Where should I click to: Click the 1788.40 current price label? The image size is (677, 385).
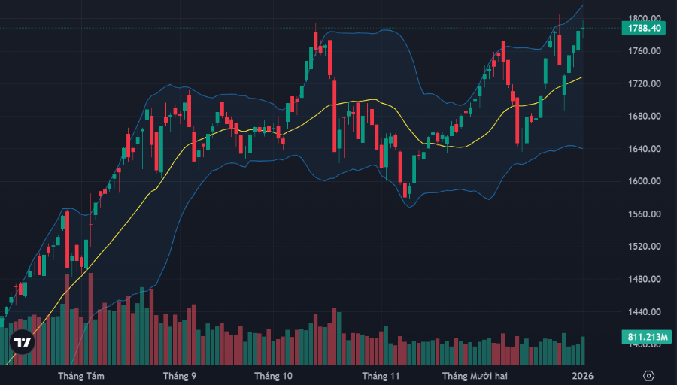tap(645, 28)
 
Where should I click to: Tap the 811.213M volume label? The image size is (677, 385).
tap(645, 337)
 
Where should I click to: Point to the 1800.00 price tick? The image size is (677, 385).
tap(645, 18)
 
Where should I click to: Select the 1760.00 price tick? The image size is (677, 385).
tap(645, 51)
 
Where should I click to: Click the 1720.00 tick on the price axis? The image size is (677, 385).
tap(645, 83)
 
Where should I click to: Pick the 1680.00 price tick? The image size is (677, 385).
tap(645, 117)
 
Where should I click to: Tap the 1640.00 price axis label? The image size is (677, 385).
tap(645, 149)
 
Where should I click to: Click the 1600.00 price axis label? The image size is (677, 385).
tap(645, 181)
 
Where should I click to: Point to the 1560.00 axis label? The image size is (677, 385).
tap(645, 214)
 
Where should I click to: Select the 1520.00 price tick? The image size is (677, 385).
tap(645, 247)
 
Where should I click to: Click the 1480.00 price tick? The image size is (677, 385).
tap(645, 280)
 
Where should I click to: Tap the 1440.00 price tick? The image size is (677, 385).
tap(645, 312)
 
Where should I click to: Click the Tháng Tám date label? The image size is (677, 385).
tap(81, 375)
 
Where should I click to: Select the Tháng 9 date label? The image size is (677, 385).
tap(180, 375)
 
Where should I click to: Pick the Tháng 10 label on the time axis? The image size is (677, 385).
tap(272, 375)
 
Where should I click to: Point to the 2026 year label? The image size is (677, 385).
tap(582, 375)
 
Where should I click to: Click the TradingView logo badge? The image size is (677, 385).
tap(23, 342)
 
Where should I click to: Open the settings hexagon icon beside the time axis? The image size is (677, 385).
tap(649, 375)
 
